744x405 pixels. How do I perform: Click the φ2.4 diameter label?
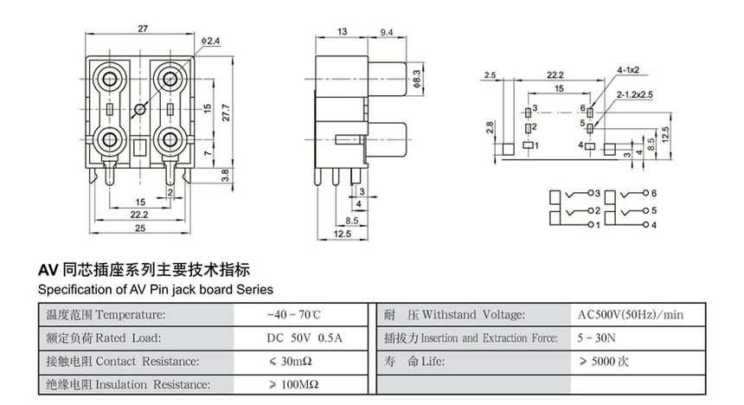tap(213, 41)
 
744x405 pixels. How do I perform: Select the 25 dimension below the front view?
tap(139, 228)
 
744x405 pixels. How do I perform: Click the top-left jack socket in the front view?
tap(112, 77)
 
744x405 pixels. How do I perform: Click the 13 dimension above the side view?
tap(343, 31)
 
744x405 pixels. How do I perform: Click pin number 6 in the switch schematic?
tap(654, 191)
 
